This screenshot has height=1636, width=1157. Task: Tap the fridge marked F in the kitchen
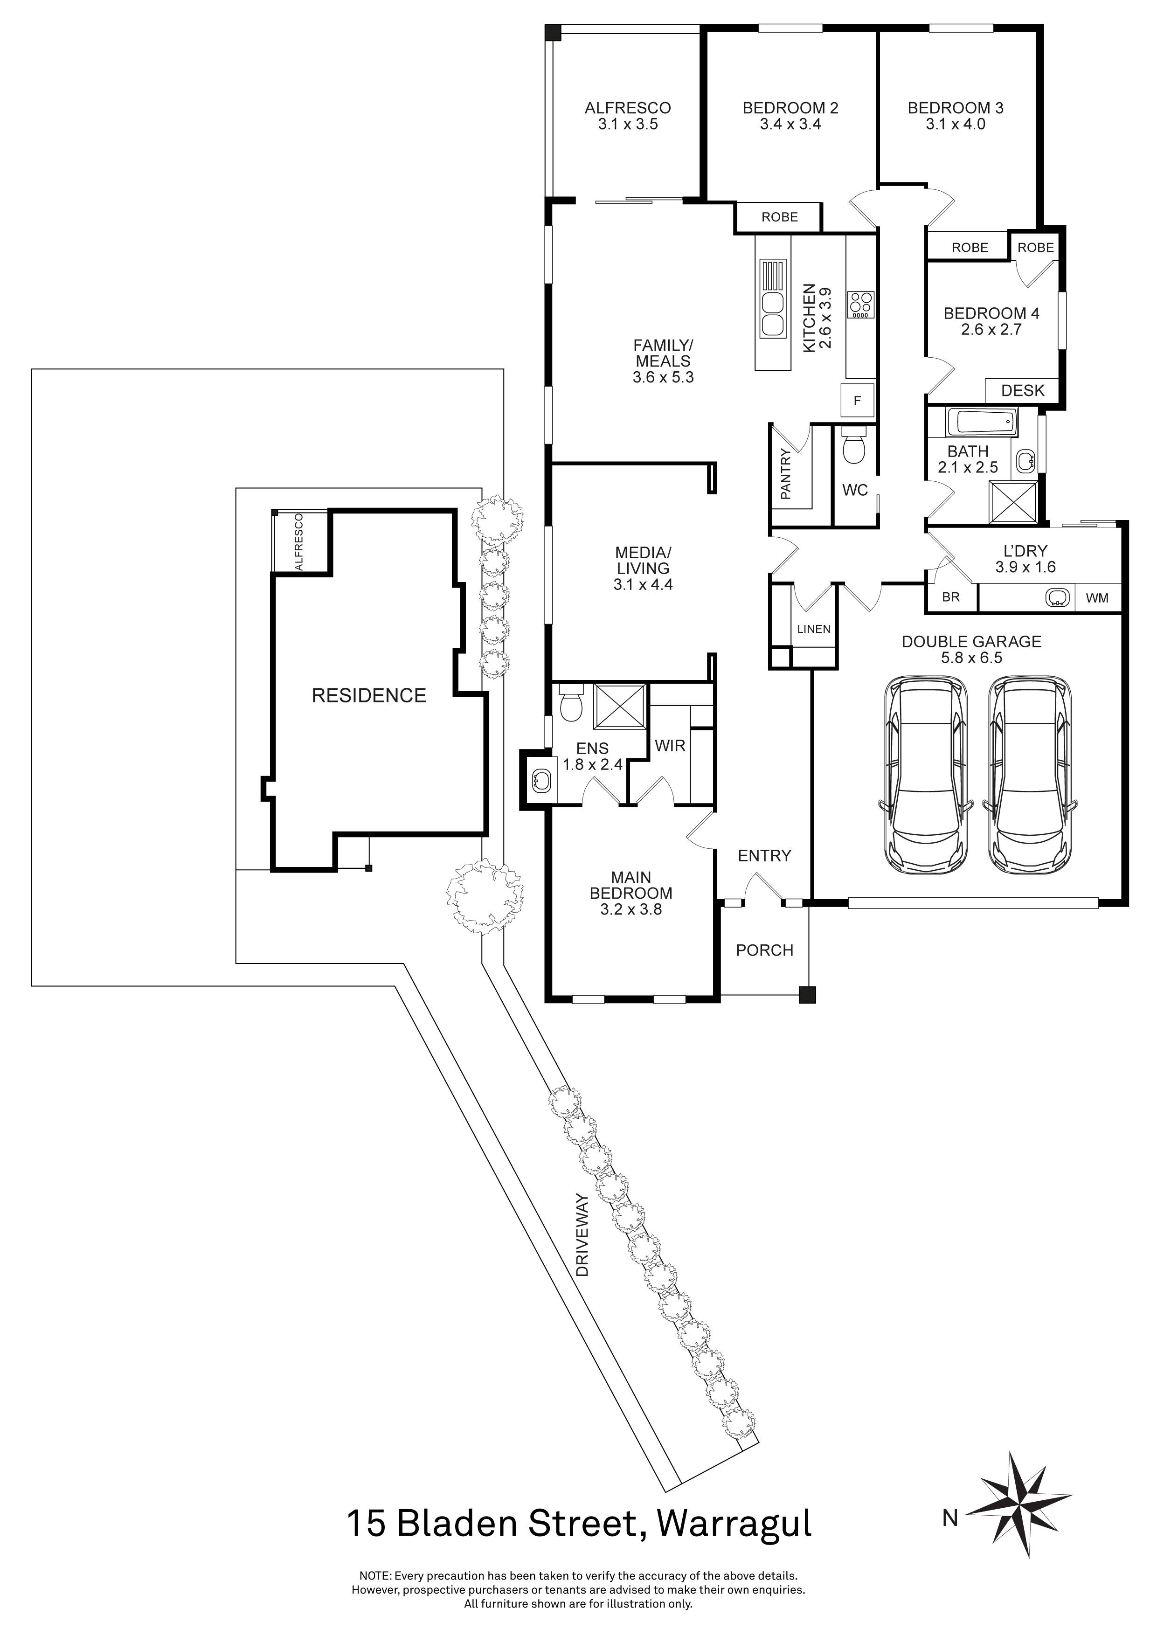pos(857,401)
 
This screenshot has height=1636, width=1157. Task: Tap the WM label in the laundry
pos(1097,598)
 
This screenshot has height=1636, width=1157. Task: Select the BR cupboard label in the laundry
pos(950,597)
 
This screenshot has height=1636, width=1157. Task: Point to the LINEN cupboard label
pos(814,629)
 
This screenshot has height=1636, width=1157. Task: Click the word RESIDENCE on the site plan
pos(368,695)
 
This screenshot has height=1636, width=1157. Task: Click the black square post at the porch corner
pos(806,995)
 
